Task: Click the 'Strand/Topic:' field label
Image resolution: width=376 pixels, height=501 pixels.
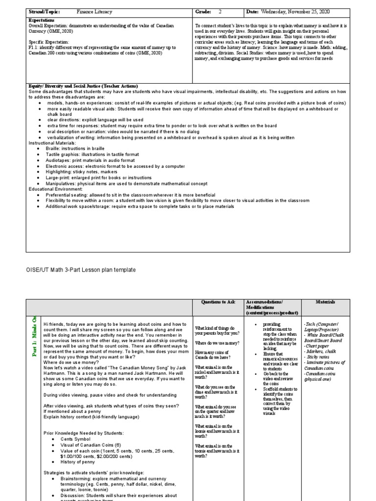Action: (x=45, y=11)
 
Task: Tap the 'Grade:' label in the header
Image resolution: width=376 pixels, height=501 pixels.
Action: (x=205, y=11)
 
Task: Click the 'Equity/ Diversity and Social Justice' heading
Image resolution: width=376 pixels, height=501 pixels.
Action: (x=83, y=86)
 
